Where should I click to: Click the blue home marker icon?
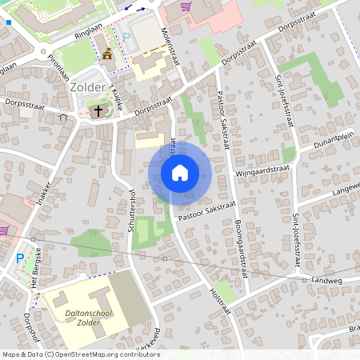click(x=180, y=172)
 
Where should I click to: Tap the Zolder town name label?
click(x=86, y=86)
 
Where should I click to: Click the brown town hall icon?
click(x=107, y=54)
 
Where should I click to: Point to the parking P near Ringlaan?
click(x=126, y=37)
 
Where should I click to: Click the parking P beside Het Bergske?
click(x=20, y=258)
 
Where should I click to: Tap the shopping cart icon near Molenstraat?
click(x=186, y=6)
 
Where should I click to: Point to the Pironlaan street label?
click(x=57, y=65)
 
